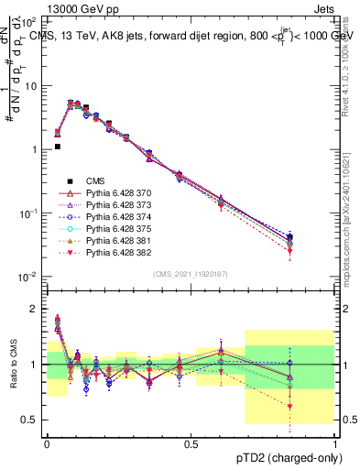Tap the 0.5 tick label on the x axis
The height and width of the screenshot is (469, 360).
tap(191, 442)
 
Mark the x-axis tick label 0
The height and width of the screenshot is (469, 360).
tap(47, 442)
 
